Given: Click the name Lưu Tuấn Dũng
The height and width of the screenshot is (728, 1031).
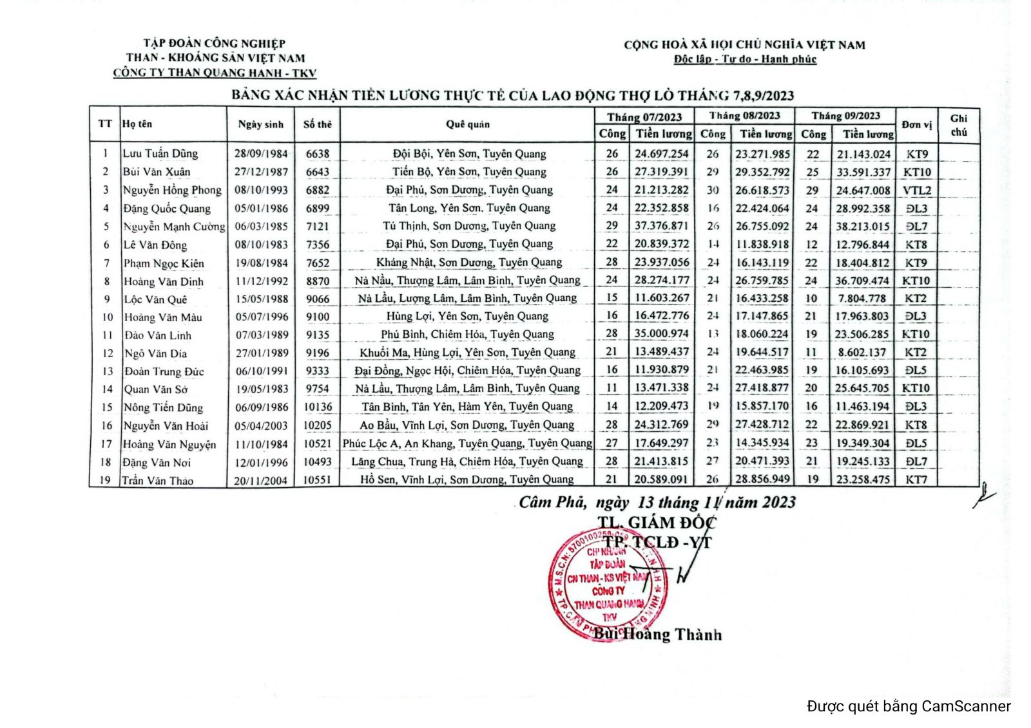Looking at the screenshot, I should [x=160, y=154].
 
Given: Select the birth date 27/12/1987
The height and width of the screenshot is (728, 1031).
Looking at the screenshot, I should [x=260, y=172].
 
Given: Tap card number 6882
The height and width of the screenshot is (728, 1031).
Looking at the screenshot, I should [x=317, y=190].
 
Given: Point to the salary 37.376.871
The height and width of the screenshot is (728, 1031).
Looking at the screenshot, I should [x=661, y=226].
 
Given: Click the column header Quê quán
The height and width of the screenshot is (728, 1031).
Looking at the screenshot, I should [x=467, y=124].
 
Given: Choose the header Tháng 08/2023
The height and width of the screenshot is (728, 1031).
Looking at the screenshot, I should [x=744, y=117].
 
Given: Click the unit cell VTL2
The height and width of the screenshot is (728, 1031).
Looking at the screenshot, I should [x=916, y=191].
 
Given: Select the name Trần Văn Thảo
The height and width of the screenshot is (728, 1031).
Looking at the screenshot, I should [x=158, y=480].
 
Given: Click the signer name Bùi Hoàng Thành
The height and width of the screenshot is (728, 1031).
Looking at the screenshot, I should [x=657, y=635].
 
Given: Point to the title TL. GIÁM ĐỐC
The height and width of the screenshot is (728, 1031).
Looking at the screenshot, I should [x=656, y=523].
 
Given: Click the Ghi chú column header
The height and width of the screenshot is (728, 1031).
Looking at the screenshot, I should [x=958, y=125].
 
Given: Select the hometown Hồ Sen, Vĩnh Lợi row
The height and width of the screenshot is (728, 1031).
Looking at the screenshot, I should [x=467, y=480].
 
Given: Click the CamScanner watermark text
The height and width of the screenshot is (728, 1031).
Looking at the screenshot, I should [x=908, y=706].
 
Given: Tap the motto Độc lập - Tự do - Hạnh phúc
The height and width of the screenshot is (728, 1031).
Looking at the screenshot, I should [x=745, y=59].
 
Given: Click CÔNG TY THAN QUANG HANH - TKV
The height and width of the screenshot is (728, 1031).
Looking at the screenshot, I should [x=215, y=73].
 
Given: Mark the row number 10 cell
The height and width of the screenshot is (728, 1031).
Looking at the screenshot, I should [x=107, y=317].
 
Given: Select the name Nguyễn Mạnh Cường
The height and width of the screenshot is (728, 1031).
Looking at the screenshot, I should [x=174, y=227].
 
